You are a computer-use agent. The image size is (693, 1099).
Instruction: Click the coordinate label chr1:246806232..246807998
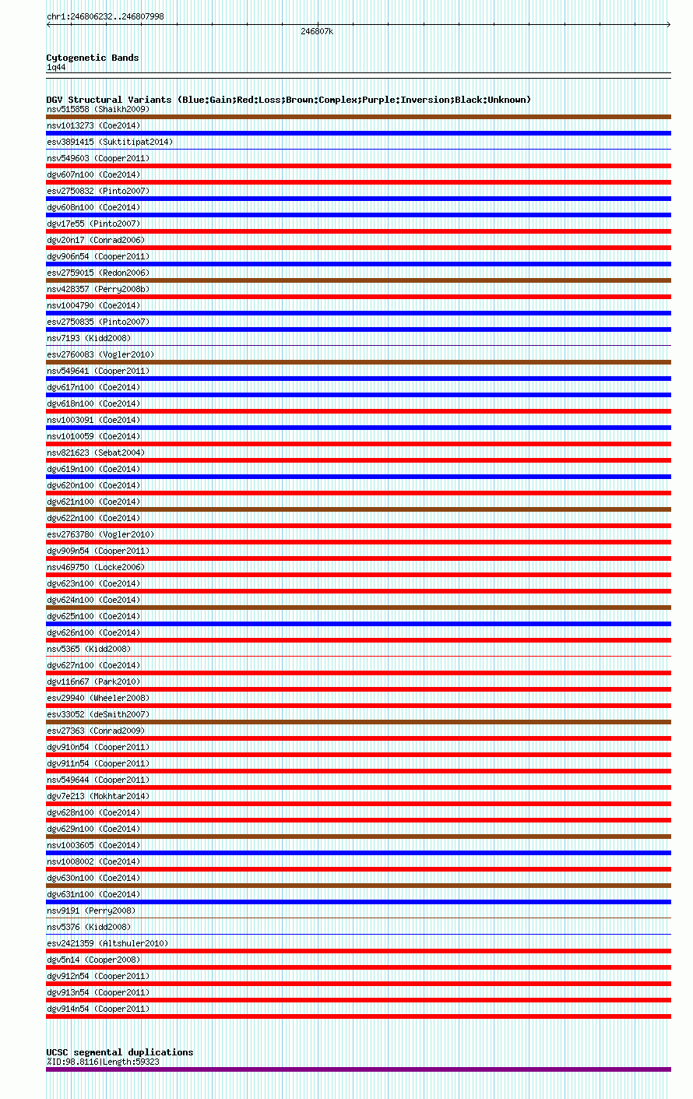coord(105,16)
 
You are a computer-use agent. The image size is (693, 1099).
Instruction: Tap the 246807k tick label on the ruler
coord(317,31)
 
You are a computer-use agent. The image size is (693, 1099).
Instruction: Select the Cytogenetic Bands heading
coord(93,58)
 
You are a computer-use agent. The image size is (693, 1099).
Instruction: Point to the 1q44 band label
coord(56,68)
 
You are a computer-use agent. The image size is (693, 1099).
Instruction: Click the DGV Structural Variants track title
coord(288,100)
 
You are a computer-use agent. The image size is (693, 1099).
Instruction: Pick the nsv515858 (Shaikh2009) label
coord(98,109)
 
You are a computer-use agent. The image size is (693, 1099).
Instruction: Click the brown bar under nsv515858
coord(358,117)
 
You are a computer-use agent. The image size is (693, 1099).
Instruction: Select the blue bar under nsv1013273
coord(358,133)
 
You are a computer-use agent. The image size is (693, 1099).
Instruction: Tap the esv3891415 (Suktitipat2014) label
coord(110,142)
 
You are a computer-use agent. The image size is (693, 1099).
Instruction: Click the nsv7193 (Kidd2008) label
coord(89,338)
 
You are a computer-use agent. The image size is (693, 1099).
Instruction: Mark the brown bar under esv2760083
coord(358,362)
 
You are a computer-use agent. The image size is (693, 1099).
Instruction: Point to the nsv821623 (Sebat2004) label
coord(96,453)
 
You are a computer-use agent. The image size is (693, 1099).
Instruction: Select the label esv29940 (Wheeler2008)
coord(98,698)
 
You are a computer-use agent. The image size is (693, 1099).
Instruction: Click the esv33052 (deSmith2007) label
coord(98,714)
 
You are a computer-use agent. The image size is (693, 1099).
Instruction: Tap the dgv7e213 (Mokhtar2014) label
coord(98,796)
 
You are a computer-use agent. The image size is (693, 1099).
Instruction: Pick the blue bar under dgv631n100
coord(358,902)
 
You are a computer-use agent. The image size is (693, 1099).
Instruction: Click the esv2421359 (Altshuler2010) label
coord(107,943)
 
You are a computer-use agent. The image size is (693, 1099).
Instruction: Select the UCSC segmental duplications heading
coord(120,1052)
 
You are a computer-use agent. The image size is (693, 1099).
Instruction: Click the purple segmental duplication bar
coord(358,1069)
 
